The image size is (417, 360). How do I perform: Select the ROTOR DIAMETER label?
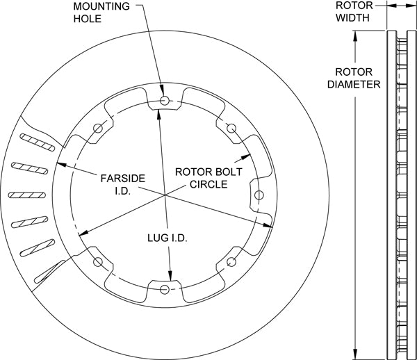tap(357, 78)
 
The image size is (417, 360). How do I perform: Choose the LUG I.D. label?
tap(167, 238)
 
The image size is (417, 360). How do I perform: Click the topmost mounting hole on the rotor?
tap(164, 101)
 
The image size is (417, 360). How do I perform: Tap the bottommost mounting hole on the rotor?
tap(164, 289)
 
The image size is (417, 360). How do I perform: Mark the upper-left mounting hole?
tap(97, 127)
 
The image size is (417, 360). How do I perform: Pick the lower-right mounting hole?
tap(231, 263)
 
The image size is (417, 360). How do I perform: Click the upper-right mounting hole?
tap(231, 127)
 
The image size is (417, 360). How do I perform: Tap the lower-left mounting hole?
tap(97, 263)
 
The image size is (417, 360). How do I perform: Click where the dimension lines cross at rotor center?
tap(165, 196)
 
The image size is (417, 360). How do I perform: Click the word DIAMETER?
tap(357, 84)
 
